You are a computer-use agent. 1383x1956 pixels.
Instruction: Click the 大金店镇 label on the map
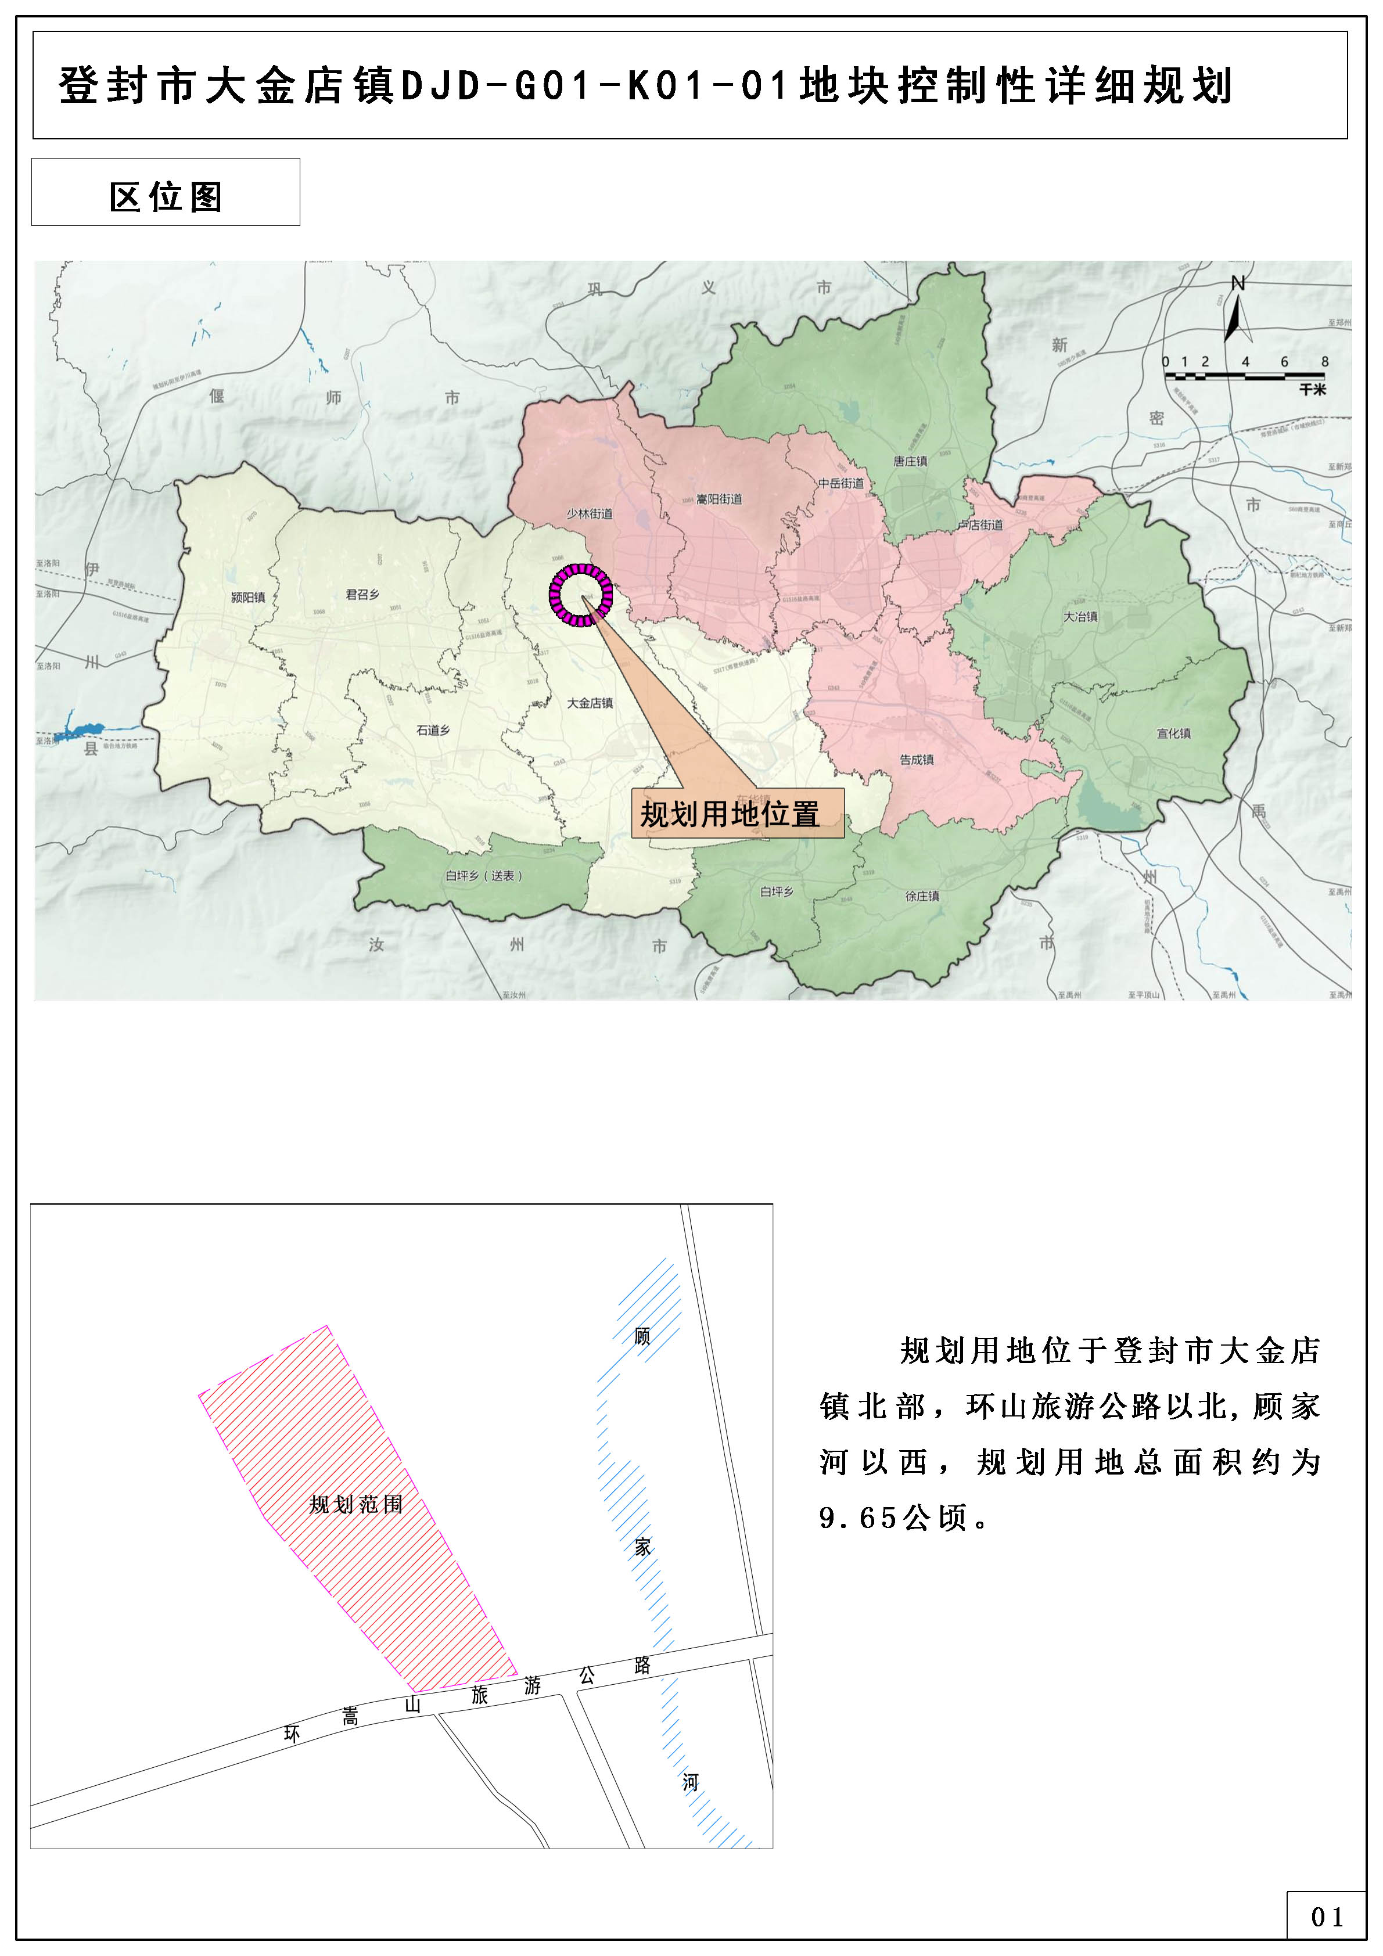click(590, 703)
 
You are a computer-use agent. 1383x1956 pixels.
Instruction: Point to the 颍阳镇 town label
click(248, 597)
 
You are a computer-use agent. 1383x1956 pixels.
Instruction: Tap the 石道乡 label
click(433, 730)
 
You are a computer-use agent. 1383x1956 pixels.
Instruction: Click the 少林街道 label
click(590, 514)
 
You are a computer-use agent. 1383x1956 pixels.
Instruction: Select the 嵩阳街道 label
click(719, 499)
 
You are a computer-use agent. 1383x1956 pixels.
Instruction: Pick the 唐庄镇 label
click(910, 462)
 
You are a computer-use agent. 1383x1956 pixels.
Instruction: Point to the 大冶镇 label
click(1080, 616)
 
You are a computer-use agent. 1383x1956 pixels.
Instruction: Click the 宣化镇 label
click(1173, 734)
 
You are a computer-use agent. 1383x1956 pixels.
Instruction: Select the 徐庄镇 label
click(922, 896)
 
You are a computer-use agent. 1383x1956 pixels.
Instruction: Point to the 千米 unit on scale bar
click(1312, 389)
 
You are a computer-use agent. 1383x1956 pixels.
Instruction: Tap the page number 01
click(1327, 1917)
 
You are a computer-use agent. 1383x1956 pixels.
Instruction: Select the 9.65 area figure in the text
click(857, 1518)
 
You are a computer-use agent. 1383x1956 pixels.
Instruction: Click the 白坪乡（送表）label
click(483, 876)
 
